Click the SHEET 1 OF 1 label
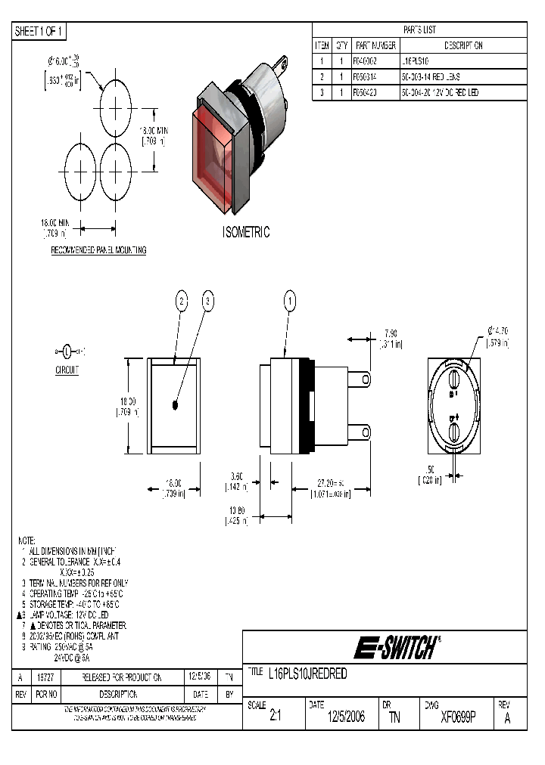tap(39, 31)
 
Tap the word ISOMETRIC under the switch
tap(246, 232)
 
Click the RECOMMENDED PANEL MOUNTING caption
tap(98, 250)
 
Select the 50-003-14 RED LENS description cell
tap(430, 76)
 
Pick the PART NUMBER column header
tap(374, 45)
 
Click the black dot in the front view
tap(176, 405)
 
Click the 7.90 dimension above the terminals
tap(390, 333)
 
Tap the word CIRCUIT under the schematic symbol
tap(67, 371)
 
